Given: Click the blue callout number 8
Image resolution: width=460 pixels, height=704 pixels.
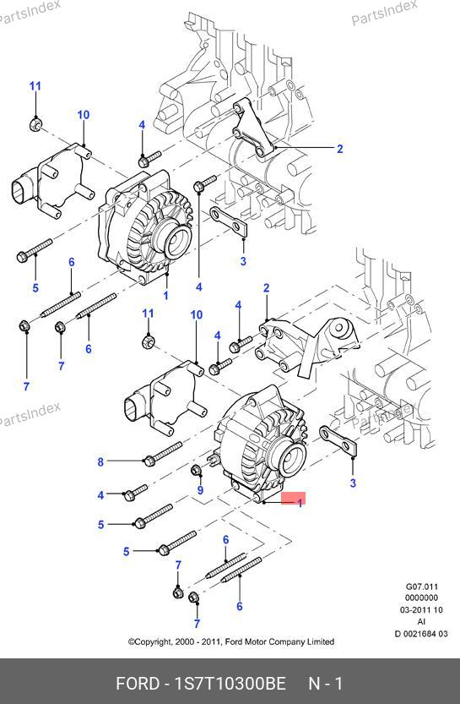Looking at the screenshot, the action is tap(100, 461).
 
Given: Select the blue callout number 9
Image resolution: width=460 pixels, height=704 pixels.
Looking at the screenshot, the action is tap(200, 490).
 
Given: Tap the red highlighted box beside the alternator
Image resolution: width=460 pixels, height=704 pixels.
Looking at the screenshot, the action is tap(293, 498).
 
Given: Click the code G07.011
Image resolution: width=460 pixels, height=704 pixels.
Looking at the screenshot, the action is tap(422, 587).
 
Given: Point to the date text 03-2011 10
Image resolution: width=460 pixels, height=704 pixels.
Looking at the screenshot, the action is tap(421, 610).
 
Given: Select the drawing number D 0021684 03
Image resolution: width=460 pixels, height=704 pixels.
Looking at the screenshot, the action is tap(421, 634).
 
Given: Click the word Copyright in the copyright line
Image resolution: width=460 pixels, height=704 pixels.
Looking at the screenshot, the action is tap(153, 642).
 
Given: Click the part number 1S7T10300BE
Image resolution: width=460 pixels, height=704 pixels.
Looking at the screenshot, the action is tap(230, 684).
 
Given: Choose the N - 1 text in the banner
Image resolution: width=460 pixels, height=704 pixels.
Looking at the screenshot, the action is tap(326, 684).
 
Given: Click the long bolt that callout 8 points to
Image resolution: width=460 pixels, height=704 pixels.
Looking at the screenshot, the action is tap(162, 454).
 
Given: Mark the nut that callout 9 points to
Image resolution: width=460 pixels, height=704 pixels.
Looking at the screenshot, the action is tap(196, 470).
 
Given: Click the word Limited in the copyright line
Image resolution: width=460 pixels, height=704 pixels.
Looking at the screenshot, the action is tap(321, 641).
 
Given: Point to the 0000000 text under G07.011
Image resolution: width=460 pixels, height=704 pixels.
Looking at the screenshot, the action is tap(421, 598).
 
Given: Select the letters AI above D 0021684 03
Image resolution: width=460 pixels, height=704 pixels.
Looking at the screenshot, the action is tap(421, 622).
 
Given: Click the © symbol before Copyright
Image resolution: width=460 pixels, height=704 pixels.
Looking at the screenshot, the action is tap(131, 642).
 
